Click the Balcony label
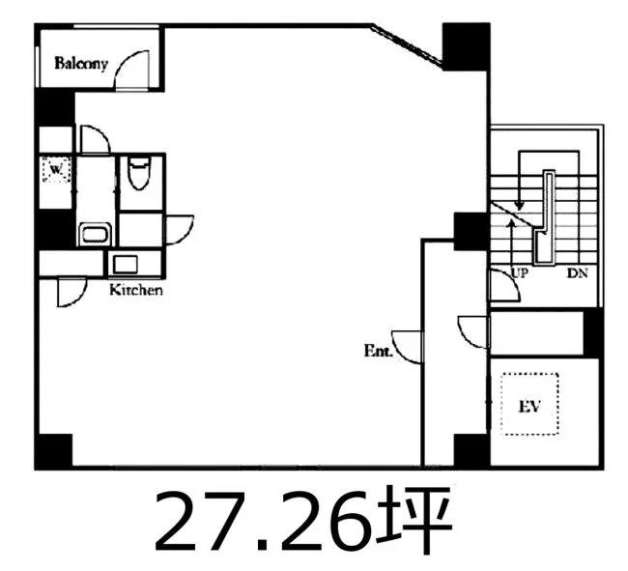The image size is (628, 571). pyautogui.click(x=81, y=64)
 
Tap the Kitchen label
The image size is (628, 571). pyautogui.click(x=136, y=290)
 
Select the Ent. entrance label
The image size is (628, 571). pyautogui.click(x=378, y=351)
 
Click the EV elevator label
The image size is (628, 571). pyautogui.click(x=529, y=406)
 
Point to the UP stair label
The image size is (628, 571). pyautogui.click(x=520, y=273)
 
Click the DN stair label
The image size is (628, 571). pyautogui.click(x=577, y=273)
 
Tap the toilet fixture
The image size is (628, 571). pyautogui.click(x=139, y=173)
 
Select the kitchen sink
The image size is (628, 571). pyautogui.click(x=126, y=265)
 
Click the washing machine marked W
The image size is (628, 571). pyautogui.click(x=56, y=170)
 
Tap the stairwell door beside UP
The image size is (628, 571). pyautogui.click(x=504, y=285)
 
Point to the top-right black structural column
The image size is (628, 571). pyautogui.click(x=467, y=46)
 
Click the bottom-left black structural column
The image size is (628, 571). pyautogui.click(x=54, y=451)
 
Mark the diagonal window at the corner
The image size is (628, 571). pyautogui.click(x=407, y=46)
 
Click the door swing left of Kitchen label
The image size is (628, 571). pyautogui.click(x=71, y=293)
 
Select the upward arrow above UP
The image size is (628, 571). pyautogui.click(x=511, y=243)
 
